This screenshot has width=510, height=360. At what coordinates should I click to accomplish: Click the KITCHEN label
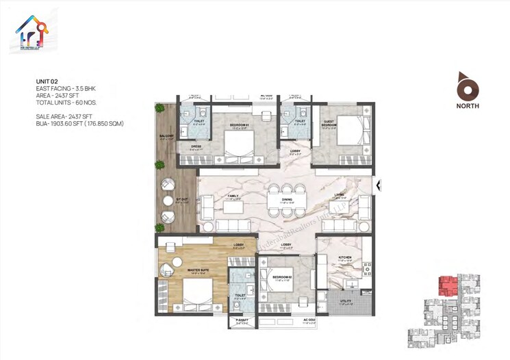point(344,257)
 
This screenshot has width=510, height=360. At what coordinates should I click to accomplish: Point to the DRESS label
point(195,146)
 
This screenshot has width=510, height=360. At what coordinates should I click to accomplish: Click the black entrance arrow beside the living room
point(379,184)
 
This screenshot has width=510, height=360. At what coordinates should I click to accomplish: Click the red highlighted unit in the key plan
point(448,283)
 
